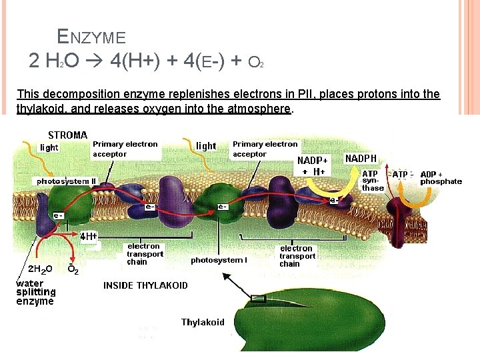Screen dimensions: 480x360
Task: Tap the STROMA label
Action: [67, 135]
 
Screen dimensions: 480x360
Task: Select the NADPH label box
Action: [361, 159]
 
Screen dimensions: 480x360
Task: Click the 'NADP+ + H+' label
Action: [313, 166]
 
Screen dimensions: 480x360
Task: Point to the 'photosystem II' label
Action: [66, 181]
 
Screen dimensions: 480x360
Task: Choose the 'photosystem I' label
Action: [219, 260]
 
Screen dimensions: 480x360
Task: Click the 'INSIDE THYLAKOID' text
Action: [145, 285]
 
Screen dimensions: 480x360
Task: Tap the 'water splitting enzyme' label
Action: [35, 293]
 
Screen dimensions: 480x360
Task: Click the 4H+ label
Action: [89, 236]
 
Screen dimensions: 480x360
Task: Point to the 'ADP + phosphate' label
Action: [441, 178]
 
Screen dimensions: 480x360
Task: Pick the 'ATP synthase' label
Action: [372, 181]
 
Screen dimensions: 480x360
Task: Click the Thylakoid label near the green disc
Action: [203, 323]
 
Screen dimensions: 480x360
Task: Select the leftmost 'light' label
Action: [49, 147]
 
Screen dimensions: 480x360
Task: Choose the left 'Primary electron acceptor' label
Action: [125, 149]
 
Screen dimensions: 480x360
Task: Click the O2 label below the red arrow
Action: [73, 269]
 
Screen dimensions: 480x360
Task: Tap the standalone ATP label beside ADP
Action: [400, 175]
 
